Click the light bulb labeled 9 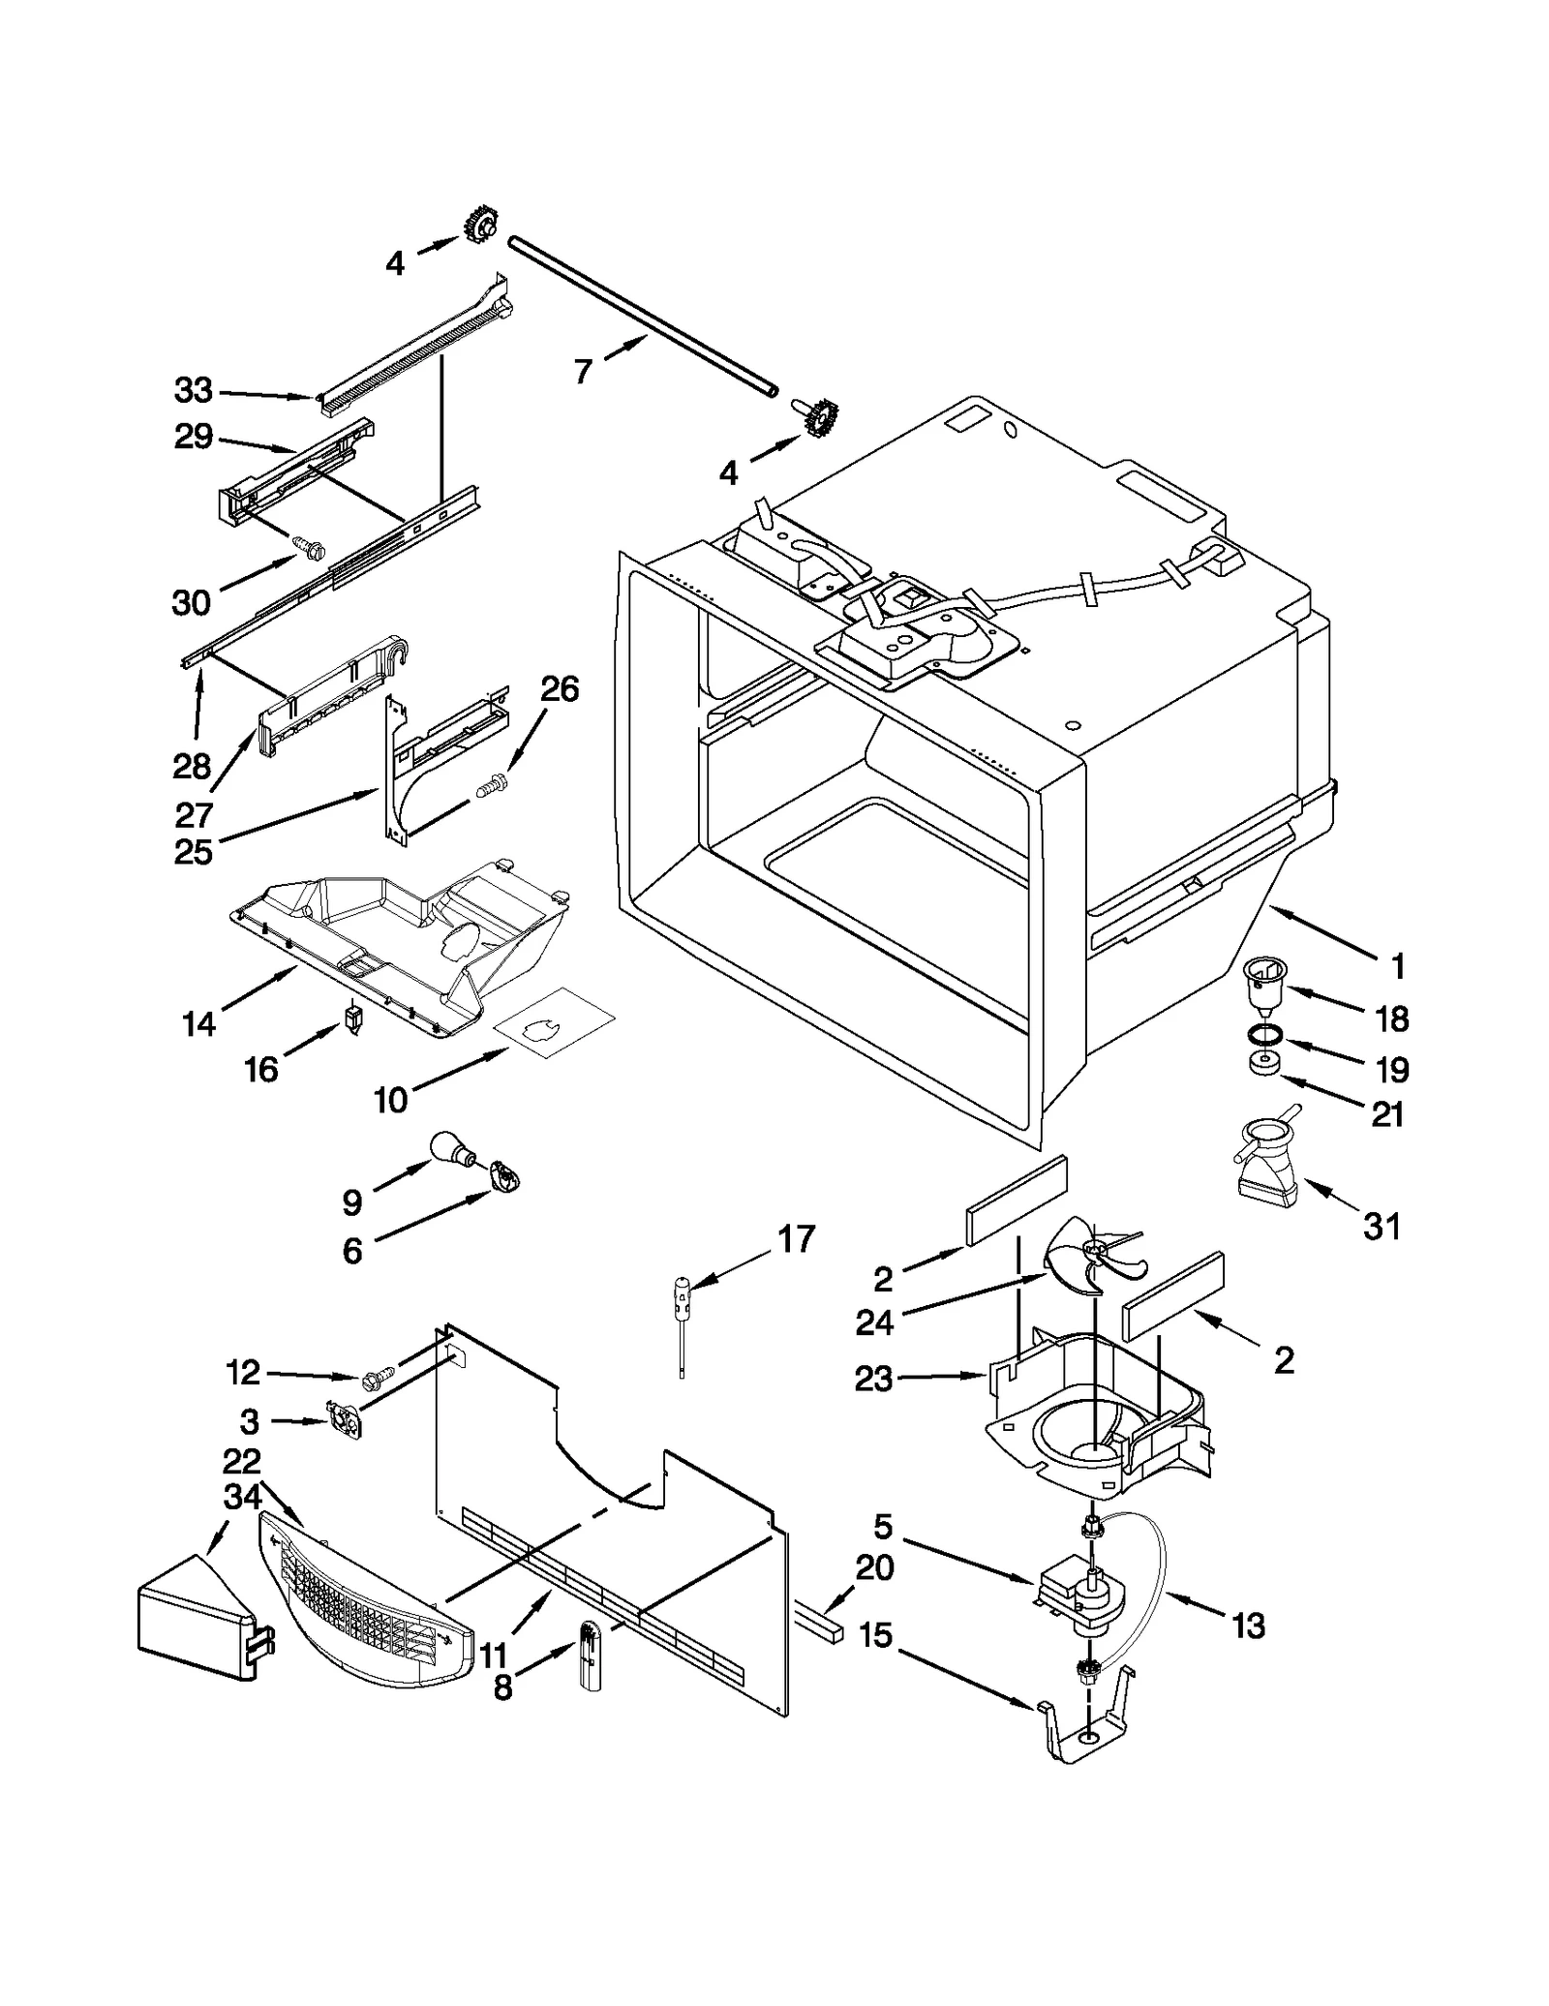451,1148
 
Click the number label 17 796,1238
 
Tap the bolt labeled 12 380,1376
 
